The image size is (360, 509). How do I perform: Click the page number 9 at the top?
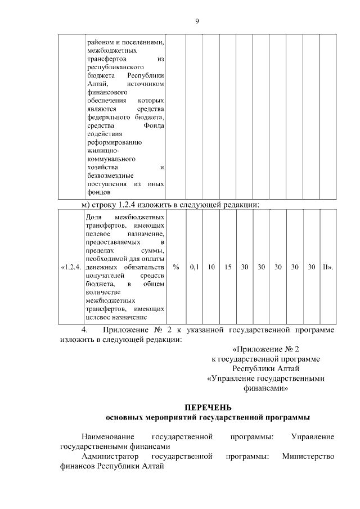(197, 21)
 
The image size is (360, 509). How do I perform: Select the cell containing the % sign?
(176, 267)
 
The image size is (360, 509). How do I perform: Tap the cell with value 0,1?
(194, 267)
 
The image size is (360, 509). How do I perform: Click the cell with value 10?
(211, 267)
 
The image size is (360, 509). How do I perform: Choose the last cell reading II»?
(327, 267)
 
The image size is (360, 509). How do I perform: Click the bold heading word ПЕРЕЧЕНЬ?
(208, 407)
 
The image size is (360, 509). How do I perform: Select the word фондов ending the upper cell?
(98, 192)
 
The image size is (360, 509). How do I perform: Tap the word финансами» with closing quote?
(265, 388)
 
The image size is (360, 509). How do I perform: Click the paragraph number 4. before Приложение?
(85, 329)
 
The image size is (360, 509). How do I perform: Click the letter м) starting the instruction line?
(87, 204)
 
